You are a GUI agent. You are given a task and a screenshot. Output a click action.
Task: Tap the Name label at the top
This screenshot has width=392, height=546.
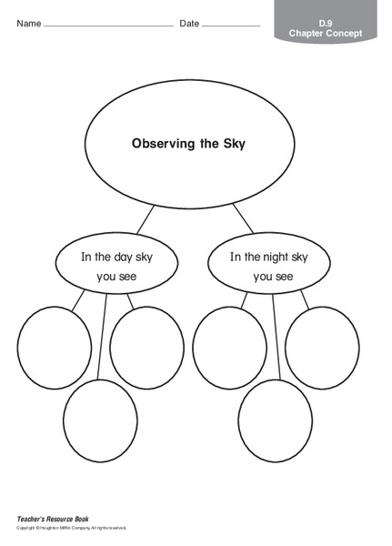(x=28, y=23)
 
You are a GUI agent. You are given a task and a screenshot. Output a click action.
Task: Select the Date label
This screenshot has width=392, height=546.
(x=189, y=23)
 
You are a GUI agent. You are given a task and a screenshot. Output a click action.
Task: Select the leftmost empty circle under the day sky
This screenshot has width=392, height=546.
(x=54, y=347)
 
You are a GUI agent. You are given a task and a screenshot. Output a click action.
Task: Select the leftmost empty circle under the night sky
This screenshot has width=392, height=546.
(x=228, y=347)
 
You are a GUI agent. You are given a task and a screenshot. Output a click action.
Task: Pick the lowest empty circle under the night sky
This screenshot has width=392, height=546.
(x=276, y=420)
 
